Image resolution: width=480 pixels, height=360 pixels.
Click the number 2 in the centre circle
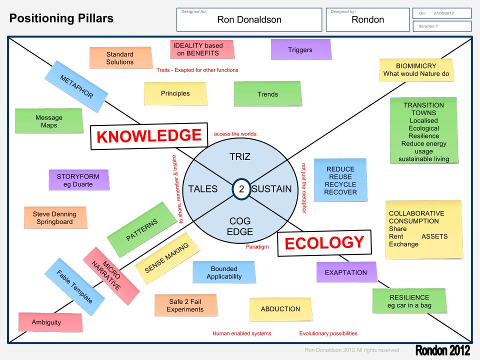tap(241, 189)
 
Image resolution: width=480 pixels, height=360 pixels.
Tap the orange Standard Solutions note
tap(120, 58)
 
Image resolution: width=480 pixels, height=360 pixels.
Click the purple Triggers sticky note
tap(300, 49)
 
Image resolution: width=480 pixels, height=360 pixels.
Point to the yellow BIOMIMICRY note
tap(416, 70)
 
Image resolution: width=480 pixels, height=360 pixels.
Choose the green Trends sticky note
tap(267, 94)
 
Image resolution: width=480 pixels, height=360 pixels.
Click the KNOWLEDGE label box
tap(148, 135)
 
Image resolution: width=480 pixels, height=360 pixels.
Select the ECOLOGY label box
tap(324, 243)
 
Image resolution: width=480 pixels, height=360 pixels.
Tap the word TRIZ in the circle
tap(240, 156)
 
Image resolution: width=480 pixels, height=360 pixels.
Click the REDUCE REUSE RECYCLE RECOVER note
tap(340, 180)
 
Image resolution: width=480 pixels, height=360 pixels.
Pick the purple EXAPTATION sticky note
tap(346, 272)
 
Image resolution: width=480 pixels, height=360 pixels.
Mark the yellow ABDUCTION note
tap(280, 309)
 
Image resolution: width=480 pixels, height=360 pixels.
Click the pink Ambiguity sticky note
tap(46, 322)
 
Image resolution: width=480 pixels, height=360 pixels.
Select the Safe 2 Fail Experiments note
tap(185, 305)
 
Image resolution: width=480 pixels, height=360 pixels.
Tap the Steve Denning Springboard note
tap(54, 218)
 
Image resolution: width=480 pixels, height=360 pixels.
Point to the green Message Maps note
tap(49, 121)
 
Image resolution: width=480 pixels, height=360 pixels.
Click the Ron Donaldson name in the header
tap(249, 20)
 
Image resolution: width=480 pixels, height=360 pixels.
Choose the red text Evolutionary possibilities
tap(328, 333)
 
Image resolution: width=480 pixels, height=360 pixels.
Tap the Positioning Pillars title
tap(61, 19)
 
